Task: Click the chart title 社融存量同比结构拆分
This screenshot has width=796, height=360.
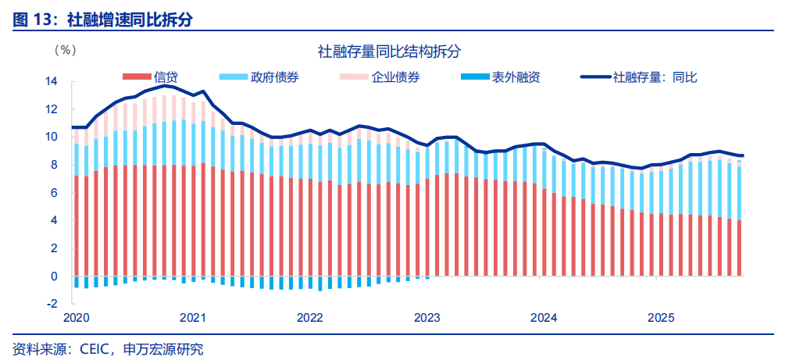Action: click(x=389, y=52)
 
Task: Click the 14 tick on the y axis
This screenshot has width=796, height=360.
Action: click(x=52, y=80)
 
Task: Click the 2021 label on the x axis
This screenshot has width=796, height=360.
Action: click(x=193, y=318)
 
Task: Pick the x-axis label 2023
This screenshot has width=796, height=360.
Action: click(x=427, y=318)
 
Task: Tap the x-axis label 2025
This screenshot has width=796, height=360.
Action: click(x=661, y=318)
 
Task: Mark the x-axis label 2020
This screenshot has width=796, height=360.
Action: click(x=76, y=318)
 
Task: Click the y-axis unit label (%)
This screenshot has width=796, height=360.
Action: click(x=65, y=50)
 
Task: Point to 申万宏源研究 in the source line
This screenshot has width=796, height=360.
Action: click(x=163, y=349)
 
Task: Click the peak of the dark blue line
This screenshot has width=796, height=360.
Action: click(x=165, y=86)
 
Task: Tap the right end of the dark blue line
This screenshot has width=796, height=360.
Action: click(x=742, y=155)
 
